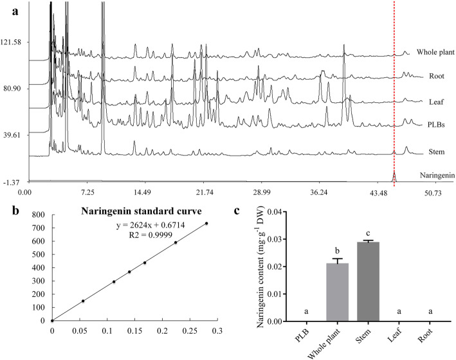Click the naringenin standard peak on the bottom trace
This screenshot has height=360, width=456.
coord(394,177)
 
